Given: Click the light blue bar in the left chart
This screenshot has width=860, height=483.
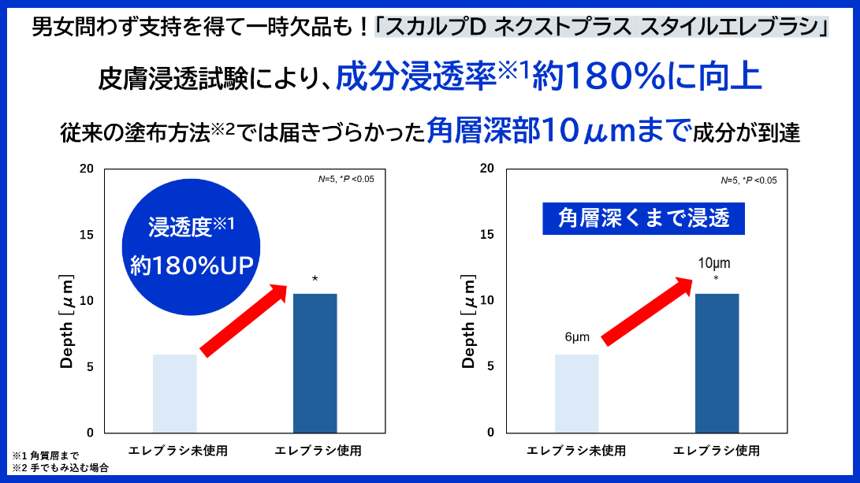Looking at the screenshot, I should [x=174, y=393].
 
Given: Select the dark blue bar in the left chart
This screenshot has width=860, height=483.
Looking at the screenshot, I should [x=315, y=362].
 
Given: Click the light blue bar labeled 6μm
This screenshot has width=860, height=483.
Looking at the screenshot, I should [x=576, y=393].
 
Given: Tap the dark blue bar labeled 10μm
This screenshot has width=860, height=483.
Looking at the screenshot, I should [x=717, y=362].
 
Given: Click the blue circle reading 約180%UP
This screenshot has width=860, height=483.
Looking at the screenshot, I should [x=192, y=247].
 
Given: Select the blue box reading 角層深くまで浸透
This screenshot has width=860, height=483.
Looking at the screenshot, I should [x=644, y=218].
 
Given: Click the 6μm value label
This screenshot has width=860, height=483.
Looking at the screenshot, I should [x=577, y=336].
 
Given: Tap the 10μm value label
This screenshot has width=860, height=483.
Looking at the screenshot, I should [x=716, y=262].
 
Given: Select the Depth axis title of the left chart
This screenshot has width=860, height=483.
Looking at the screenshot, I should [x=67, y=323].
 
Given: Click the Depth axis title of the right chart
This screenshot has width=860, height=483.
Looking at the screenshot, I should [x=469, y=323].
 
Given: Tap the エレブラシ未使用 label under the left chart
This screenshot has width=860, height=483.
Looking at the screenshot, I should [x=177, y=451].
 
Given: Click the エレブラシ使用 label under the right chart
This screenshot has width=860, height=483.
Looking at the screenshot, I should [x=717, y=451].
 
